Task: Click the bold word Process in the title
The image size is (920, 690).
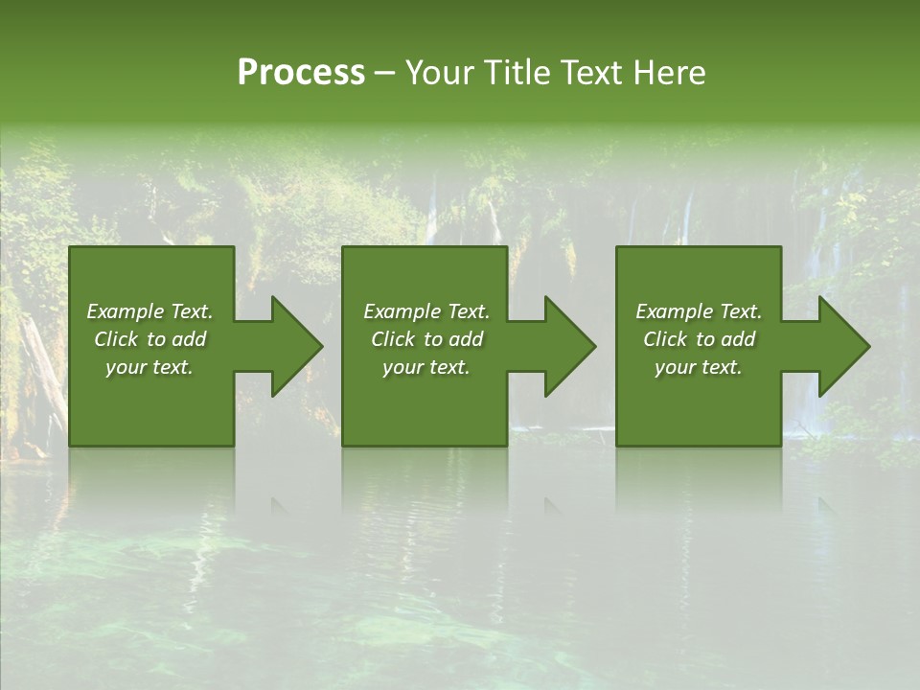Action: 301,73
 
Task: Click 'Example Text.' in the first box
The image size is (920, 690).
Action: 149,311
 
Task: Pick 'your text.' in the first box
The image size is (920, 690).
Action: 149,367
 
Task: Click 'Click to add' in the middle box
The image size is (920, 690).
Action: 426,339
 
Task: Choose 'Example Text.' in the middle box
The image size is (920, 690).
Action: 426,311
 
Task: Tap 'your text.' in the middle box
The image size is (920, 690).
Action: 426,367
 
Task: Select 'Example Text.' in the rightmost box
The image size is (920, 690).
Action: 699,311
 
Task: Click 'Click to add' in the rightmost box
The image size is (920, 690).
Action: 699,339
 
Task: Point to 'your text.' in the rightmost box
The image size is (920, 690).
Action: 699,367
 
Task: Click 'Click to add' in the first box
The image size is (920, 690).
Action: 149,339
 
